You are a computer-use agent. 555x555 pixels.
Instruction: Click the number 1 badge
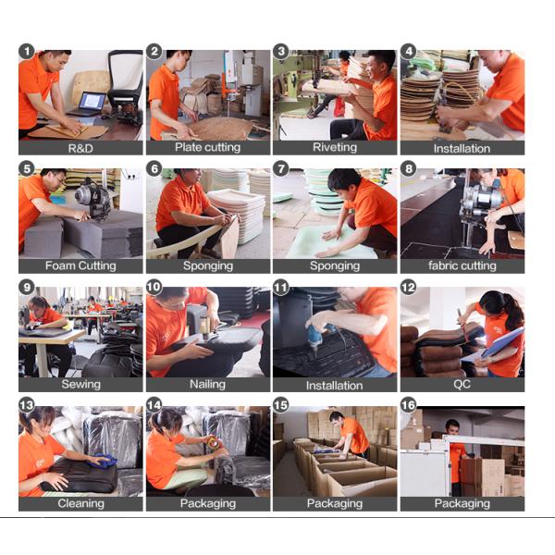click(27, 51)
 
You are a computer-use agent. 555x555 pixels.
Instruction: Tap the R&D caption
click(80, 148)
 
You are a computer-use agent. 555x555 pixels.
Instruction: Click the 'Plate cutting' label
click(208, 148)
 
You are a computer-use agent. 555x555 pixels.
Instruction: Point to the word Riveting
click(335, 148)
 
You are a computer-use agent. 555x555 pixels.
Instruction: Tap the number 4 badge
click(409, 51)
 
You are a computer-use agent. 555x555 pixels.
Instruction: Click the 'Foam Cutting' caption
click(80, 265)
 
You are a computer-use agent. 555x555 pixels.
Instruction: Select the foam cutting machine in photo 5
click(93, 199)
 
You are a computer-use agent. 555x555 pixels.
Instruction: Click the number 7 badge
click(281, 169)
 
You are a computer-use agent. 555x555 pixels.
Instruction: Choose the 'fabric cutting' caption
click(462, 265)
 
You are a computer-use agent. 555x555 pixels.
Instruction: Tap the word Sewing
click(81, 385)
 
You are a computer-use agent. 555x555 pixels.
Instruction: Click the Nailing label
click(208, 385)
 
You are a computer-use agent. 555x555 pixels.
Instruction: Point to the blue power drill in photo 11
click(319, 338)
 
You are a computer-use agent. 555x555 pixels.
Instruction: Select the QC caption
click(462, 385)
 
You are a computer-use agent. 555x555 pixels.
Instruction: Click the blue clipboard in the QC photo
click(503, 343)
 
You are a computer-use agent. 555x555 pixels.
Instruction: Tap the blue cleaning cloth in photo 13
click(104, 461)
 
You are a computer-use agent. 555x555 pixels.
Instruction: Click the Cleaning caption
click(81, 503)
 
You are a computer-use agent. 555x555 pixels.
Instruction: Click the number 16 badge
click(409, 405)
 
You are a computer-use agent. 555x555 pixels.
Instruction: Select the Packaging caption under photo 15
click(335, 504)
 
